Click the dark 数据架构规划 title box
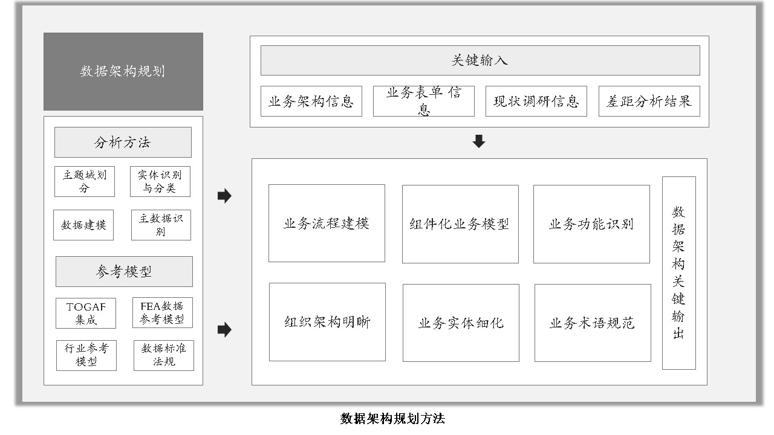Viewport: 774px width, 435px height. (123, 71)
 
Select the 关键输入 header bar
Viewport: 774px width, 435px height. (480, 60)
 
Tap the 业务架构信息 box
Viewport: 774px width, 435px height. (311, 101)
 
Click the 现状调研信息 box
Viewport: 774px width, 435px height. (536, 101)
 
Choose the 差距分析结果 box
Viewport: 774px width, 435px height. (649, 101)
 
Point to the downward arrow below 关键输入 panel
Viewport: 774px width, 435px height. (478, 141)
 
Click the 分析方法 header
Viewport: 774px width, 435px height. (123, 142)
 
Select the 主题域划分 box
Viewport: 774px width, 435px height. (84, 182)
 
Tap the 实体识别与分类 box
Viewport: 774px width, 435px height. (160, 182)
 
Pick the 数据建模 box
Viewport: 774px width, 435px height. (83, 225)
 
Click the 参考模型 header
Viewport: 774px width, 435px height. (124, 271)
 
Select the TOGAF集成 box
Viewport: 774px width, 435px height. (86, 313)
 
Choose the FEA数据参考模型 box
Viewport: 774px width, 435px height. (163, 312)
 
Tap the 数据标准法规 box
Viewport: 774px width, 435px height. (164, 356)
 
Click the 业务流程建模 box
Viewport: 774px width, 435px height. (327, 224)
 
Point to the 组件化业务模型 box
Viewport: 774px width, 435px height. (460, 224)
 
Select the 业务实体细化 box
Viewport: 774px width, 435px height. (461, 323)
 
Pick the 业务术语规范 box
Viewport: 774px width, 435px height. (593, 323)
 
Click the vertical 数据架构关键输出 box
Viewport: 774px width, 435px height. (678, 273)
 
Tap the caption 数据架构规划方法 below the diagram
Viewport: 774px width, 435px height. (392, 419)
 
